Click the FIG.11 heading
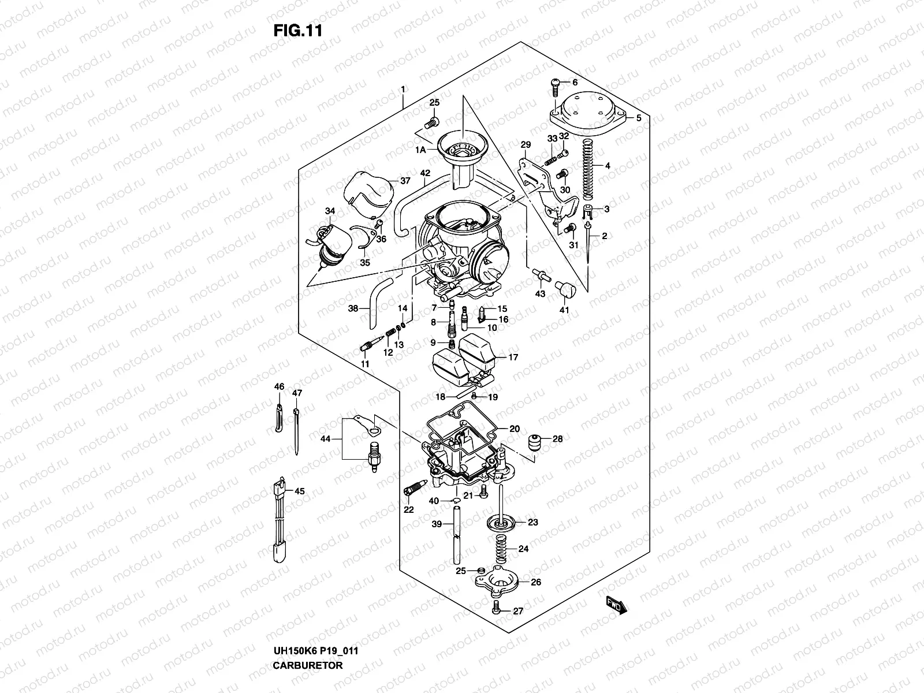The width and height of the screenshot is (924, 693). (x=297, y=30)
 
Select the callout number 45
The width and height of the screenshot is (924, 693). (x=299, y=491)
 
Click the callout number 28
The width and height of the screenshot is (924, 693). (x=557, y=439)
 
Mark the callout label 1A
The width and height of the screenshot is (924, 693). (x=420, y=150)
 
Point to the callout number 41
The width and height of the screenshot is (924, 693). (x=564, y=311)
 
